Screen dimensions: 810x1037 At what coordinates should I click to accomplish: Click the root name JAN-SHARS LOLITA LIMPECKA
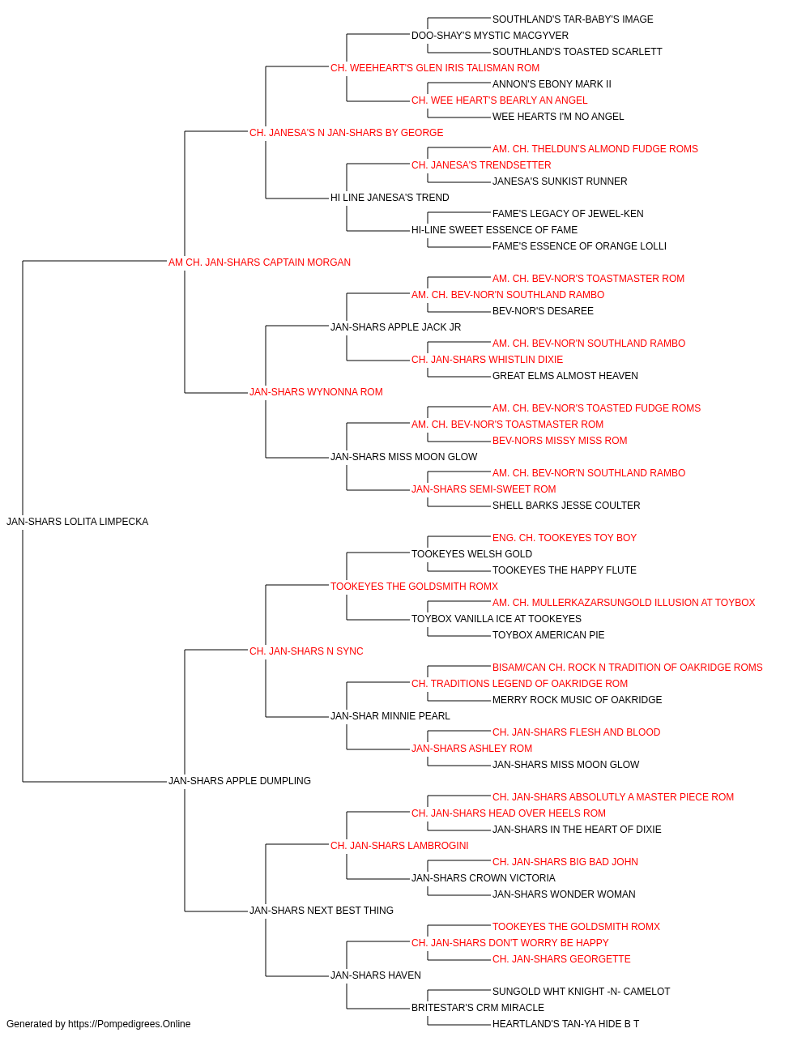[x=77, y=522]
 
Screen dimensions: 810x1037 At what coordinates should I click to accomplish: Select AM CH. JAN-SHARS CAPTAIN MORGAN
[x=259, y=262]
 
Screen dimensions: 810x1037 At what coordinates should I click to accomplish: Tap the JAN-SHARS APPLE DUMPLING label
[x=240, y=781]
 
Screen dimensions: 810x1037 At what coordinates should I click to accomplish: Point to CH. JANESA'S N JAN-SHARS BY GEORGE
[x=347, y=133]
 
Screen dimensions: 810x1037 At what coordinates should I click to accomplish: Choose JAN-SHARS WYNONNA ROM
[x=316, y=392]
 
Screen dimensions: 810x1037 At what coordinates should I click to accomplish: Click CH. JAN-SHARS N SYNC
[x=306, y=651]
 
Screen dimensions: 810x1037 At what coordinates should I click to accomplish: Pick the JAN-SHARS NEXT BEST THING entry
[x=322, y=910]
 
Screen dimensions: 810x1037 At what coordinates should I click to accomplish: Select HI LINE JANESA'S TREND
[x=390, y=198]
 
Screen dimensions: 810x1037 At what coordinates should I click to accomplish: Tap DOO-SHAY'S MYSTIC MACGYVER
[x=490, y=36]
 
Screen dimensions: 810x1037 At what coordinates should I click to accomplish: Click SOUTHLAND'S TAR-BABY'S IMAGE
[x=573, y=19]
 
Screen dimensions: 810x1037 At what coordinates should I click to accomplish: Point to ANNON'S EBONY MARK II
[x=552, y=84]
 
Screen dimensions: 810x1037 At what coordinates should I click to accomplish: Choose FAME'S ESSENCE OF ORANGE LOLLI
[x=579, y=246]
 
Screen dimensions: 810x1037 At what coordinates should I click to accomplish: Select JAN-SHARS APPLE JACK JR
[x=396, y=326]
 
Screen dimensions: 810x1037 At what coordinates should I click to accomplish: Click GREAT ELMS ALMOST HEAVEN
[x=565, y=376]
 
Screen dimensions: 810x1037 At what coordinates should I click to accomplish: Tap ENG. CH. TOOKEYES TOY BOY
[x=565, y=538]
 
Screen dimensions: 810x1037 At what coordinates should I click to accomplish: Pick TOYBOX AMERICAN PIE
[x=548, y=634]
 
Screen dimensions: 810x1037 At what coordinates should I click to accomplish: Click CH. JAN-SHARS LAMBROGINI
[x=400, y=846]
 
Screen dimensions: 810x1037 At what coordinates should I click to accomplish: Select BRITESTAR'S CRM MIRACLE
[x=478, y=1007]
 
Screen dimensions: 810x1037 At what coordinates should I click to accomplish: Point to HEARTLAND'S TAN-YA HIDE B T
[x=565, y=1024]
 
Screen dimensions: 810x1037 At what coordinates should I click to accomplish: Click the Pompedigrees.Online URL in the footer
[x=130, y=1024]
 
